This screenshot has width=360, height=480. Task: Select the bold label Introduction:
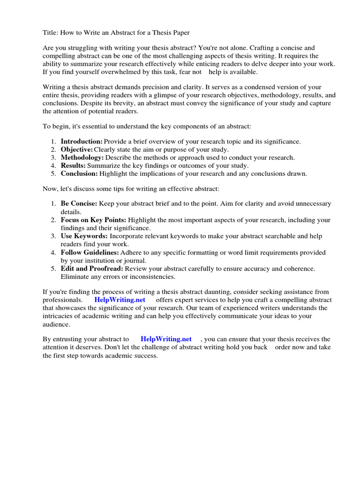click(x=82, y=141)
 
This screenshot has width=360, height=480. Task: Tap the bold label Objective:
click(x=77, y=150)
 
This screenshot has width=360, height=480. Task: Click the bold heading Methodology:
click(x=82, y=157)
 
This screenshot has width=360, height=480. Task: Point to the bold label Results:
click(x=73, y=165)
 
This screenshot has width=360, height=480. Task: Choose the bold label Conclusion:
click(x=79, y=173)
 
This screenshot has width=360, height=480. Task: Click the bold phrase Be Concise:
click(x=79, y=203)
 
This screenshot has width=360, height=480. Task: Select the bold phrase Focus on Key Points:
click(x=93, y=220)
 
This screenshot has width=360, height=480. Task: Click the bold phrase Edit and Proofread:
click(x=92, y=269)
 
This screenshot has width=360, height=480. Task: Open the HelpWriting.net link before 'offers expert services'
click(x=120, y=300)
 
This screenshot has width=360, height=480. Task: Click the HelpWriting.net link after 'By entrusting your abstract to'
click(x=166, y=338)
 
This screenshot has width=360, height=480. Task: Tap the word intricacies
click(x=59, y=316)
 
